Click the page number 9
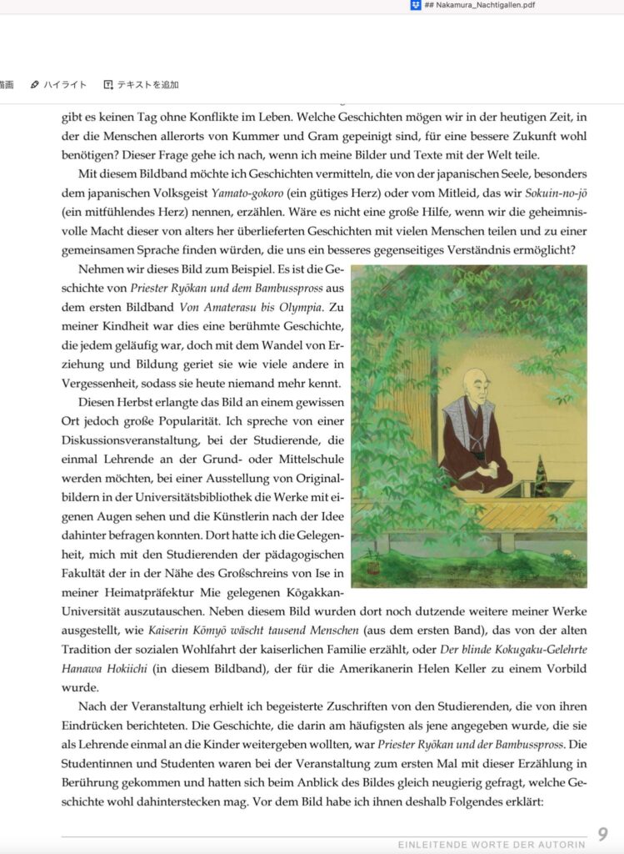pos(603,834)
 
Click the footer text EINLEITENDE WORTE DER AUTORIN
pos(491,844)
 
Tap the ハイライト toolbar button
pos(58,85)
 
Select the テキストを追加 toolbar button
pos(141,85)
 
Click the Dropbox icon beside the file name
pos(416,5)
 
